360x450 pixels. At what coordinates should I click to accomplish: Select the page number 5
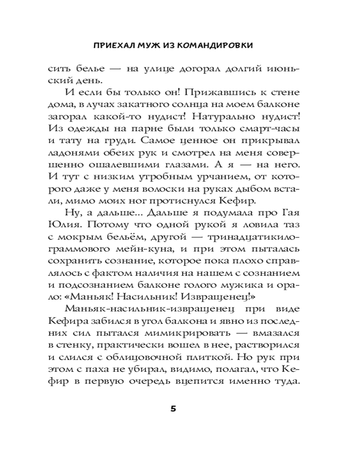173,409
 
